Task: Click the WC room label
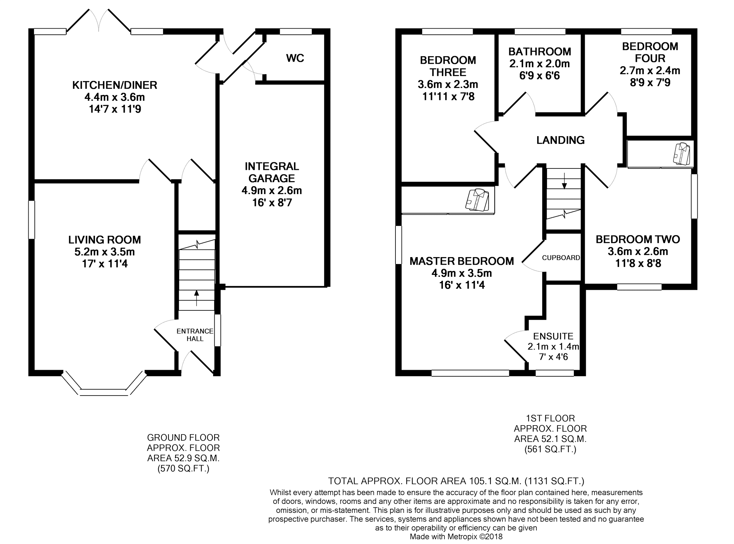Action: pos(295,58)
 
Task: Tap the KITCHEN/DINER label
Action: pos(115,85)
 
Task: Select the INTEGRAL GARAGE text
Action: pos(272,172)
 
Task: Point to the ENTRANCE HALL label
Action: pos(195,335)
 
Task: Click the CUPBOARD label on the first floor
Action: pos(561,258)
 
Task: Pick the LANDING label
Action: pos(560,140)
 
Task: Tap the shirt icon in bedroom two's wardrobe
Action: pos(681,154)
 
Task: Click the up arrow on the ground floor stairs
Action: pos(197,298)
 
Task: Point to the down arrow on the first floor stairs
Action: pos(564,181)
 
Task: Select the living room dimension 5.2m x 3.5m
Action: pos(104,252)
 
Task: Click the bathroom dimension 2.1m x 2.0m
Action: pos(540,64)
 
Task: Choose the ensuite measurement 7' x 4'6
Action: pos(553,357)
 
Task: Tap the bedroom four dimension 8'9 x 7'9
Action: pos(650,83)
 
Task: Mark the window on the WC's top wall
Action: pos(296,32)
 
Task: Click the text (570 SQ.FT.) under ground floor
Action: pos(183,469)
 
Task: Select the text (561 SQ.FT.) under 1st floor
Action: pos(550,449)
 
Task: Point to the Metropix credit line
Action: pos(456,537)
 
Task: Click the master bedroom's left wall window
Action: pos(398,245)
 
